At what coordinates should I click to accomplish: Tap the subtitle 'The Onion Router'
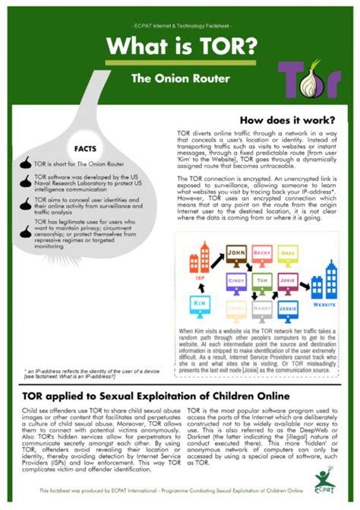(x=168, y=78)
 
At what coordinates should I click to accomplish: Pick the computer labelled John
(x=236, y=255)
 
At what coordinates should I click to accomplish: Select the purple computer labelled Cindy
(x=236, y=283)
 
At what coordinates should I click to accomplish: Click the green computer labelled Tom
(x=262, y=283)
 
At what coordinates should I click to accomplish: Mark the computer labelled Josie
(x=288, y=283)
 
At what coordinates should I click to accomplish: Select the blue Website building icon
(x=328, y=281)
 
